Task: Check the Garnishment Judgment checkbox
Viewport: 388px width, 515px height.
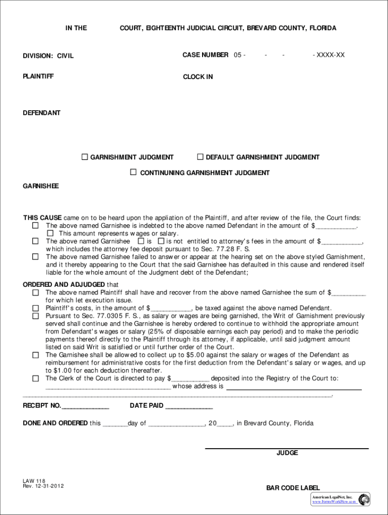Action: click(x=85, y=157)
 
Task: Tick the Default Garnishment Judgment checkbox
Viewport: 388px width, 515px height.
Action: click(x=200, y=157)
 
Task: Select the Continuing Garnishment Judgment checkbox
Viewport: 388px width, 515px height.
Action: click(x=134, y=172)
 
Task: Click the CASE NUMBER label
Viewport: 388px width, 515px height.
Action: click(x=205, y=55)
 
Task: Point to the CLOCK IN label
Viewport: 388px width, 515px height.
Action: click(x=198, y=77)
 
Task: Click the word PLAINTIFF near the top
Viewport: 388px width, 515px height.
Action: click(x=38, y=76)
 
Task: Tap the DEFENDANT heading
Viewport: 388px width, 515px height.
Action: click(x=41, y=113)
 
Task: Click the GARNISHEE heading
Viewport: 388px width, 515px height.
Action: click(x=41, y=186)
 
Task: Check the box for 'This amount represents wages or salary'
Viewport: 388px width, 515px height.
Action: click(x=50, y=233)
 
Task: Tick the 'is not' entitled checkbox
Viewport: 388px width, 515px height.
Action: click(x=161, y=241)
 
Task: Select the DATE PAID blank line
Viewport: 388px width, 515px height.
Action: click(x=189, y=406)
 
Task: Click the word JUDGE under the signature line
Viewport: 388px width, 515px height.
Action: click(x=287, y=453)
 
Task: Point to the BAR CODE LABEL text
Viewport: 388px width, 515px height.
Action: click(x=293, y=488)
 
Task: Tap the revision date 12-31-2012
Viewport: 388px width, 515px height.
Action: click(x=49, y=486)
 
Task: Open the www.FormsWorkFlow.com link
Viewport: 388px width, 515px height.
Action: click(x=334, y=501)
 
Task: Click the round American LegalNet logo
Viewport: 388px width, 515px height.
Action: click(x=364, y=499)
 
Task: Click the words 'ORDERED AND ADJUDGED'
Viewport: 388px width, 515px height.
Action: click(x=64, y=285)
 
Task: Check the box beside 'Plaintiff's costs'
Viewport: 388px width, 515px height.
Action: click(x=36, y=308)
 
